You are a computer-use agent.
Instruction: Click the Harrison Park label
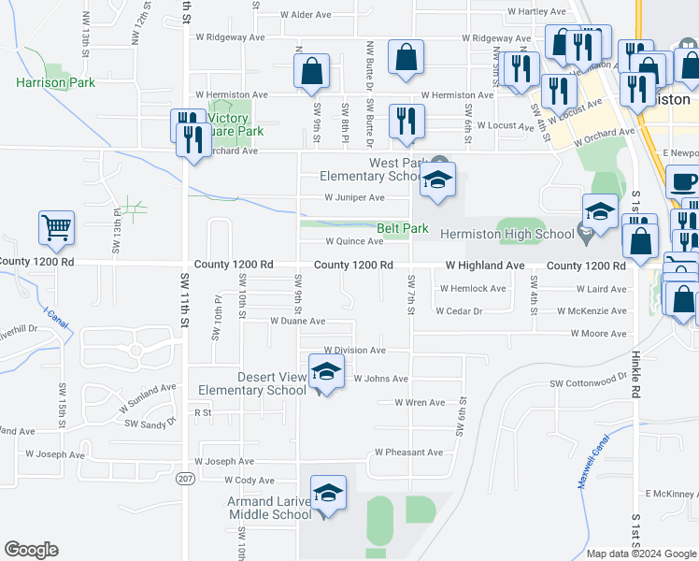55,82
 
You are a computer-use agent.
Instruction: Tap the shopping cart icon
56,227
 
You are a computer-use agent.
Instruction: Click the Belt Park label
402,228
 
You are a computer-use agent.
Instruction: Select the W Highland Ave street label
485,266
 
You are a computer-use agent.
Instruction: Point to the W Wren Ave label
419,403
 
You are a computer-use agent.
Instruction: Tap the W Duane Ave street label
297,321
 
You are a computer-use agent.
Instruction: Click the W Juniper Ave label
354,197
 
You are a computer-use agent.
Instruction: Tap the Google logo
31,550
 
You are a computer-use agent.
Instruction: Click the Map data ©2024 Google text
640,554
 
